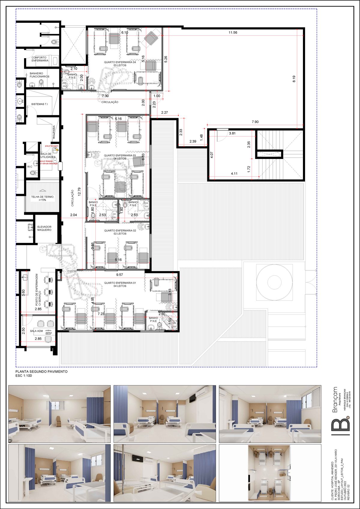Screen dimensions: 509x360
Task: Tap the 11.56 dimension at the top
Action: click(233, 32)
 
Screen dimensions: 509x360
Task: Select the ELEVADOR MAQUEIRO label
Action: click(44, 228)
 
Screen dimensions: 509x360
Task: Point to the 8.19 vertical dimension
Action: click(294, 79)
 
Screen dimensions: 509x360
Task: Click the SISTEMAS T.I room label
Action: click(39, 104)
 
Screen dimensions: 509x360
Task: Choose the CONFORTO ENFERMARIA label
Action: click(40, 59)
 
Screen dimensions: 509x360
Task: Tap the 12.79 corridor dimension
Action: click(79, 192)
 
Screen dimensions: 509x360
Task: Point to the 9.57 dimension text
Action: click(119, 275)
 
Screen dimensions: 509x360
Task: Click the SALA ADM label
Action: click(36, 331)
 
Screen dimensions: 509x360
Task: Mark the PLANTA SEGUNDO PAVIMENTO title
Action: click(41, 371)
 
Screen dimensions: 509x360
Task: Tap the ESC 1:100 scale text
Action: click(24, 376)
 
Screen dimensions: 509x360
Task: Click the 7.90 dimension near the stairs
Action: click(255, 122)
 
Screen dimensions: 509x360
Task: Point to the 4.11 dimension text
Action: click(234, 173)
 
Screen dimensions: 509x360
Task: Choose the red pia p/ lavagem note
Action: click(52, 146)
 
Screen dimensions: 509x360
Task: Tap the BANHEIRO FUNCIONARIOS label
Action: click(39, 75)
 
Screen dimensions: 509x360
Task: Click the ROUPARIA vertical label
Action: click(54, 132)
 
